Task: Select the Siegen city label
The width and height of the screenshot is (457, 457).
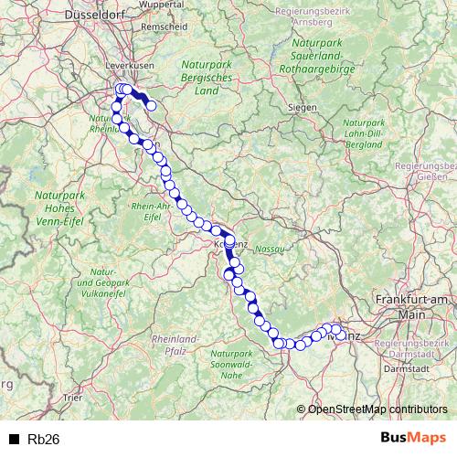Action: [x=302, y=107]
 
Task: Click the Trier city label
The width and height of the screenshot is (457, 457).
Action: [x=72, y=399]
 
